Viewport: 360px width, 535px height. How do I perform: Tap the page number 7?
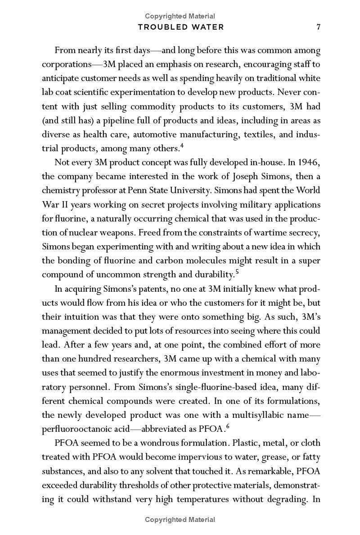[318, 27]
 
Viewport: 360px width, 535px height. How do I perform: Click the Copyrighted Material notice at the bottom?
[180, 520]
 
